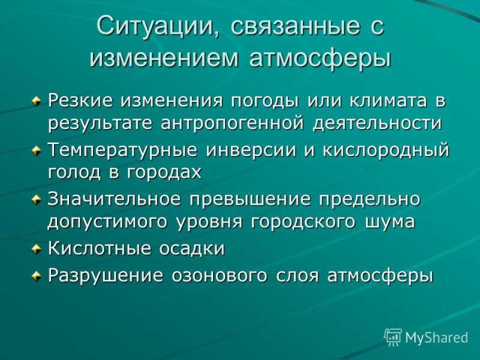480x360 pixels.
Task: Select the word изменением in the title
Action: click(x=164, y=57)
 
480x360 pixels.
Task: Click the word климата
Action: click(x=388, y=100)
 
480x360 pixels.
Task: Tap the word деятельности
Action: click(x=377, y=124)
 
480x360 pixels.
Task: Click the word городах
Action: click(x=164, y=172)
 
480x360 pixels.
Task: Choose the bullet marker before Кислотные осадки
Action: click(x=37, y=249)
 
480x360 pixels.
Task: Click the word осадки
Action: click(x=192, y=248)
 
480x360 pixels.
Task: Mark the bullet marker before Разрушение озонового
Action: click(x=37, y=275)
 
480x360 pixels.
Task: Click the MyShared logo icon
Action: click(x=393, y=337)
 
